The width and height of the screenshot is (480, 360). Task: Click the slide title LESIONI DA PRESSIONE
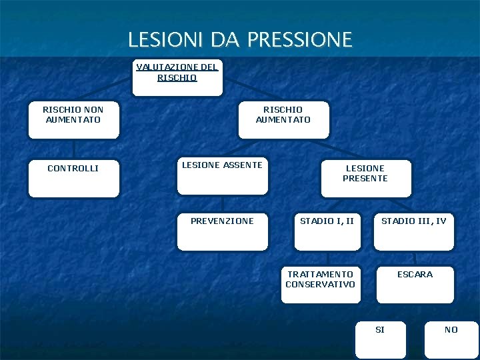[x=240, y=39]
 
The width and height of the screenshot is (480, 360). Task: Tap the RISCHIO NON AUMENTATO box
[x=73, y=119]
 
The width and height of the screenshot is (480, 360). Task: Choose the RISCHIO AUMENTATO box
[x=283, y=119]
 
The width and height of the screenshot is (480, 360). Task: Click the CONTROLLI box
[x=73, y=178]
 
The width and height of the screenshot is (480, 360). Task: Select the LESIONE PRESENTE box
[x=365, y=178]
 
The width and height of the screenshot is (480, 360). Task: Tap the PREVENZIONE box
[x=223, y=231]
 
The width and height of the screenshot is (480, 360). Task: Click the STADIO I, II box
[x=327, y=231]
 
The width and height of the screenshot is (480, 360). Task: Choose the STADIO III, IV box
[x=414, y=231]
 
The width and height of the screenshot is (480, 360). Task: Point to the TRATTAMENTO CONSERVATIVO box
[x=321, y=284]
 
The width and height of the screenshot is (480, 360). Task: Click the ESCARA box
[x=415, y=284]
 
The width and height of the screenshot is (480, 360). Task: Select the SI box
[x=380, y=340]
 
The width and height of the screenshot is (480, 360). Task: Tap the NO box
[x=451, y=340]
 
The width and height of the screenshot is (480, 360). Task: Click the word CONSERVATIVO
[x=321, y=285]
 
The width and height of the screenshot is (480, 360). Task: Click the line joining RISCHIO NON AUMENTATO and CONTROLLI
[x=74, y=149]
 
